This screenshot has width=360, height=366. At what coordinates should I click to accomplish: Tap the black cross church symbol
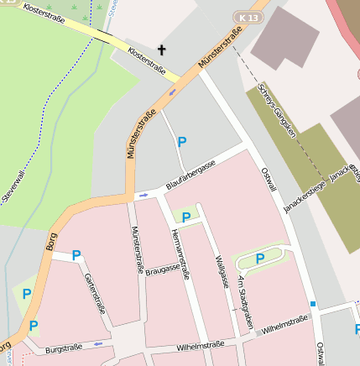[161, 51]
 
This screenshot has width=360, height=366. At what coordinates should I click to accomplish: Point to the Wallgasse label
[222, 270]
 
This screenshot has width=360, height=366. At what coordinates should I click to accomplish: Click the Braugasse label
[163, 270]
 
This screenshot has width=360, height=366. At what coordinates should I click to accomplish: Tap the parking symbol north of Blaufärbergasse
[181, 142]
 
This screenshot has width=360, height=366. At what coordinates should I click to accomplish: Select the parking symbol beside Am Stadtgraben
[259, 259]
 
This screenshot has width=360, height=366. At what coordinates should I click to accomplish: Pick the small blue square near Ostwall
[313, 304]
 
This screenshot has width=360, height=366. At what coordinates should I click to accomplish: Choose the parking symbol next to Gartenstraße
[76, 255]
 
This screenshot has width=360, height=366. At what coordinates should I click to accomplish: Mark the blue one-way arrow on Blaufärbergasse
[143, 195]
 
